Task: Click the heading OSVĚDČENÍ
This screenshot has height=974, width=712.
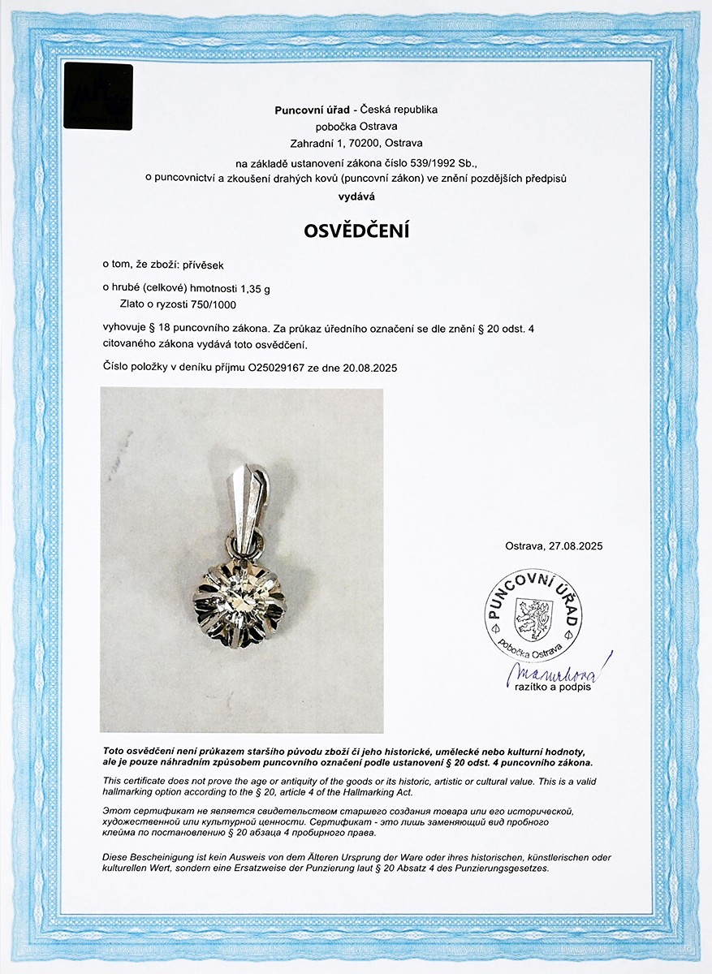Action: point(356,231)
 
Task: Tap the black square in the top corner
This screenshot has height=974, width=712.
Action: point(98,97)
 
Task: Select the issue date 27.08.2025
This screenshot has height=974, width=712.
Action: point(576,546)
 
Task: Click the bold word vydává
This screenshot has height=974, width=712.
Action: point(356,196)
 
